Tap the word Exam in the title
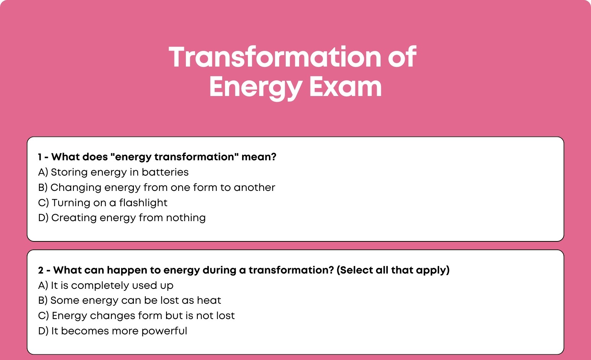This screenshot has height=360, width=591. coord(345,86)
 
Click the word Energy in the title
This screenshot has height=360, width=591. coord(256,88)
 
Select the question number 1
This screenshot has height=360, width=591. coord(39,157)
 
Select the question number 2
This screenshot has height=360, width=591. coord(41,270)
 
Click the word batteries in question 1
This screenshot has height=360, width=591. coord(165,172)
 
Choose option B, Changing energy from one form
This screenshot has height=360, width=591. coord(156,188)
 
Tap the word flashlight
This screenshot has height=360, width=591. coord(143,203)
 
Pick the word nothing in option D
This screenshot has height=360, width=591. coord(186,218)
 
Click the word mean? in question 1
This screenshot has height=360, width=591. coord(259,157)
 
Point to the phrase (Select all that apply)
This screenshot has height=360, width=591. coord(393,270)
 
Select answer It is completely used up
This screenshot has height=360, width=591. coord(106,285)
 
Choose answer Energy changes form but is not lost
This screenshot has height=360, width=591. coord(137,316)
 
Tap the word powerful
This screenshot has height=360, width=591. coord(164,331)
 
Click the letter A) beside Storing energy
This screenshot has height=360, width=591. coord(43,172)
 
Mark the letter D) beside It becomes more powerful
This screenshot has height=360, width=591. coord(43,331)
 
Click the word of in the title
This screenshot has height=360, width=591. coord(402,57)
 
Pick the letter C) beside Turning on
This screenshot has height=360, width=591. coord(44,203)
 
